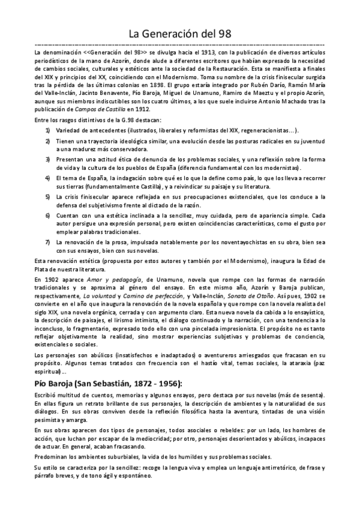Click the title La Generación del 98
pos(180,34)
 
